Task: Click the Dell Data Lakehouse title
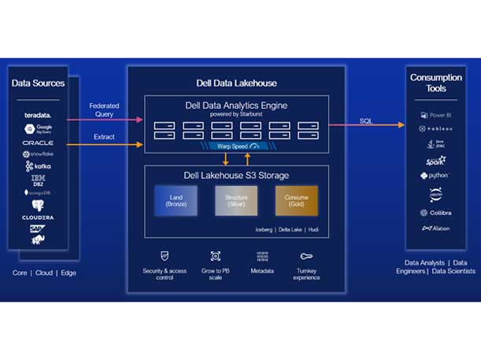(236, 83)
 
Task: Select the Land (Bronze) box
(175, 201)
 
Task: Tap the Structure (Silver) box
(236, 201)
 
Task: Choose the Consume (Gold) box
(297, 201)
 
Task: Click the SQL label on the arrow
(366, 121)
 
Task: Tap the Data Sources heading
(39, 83)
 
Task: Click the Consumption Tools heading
(437, 83)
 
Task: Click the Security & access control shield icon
(164, 256)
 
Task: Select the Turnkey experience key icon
(306, 256)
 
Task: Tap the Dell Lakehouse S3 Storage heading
(236, 174)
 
